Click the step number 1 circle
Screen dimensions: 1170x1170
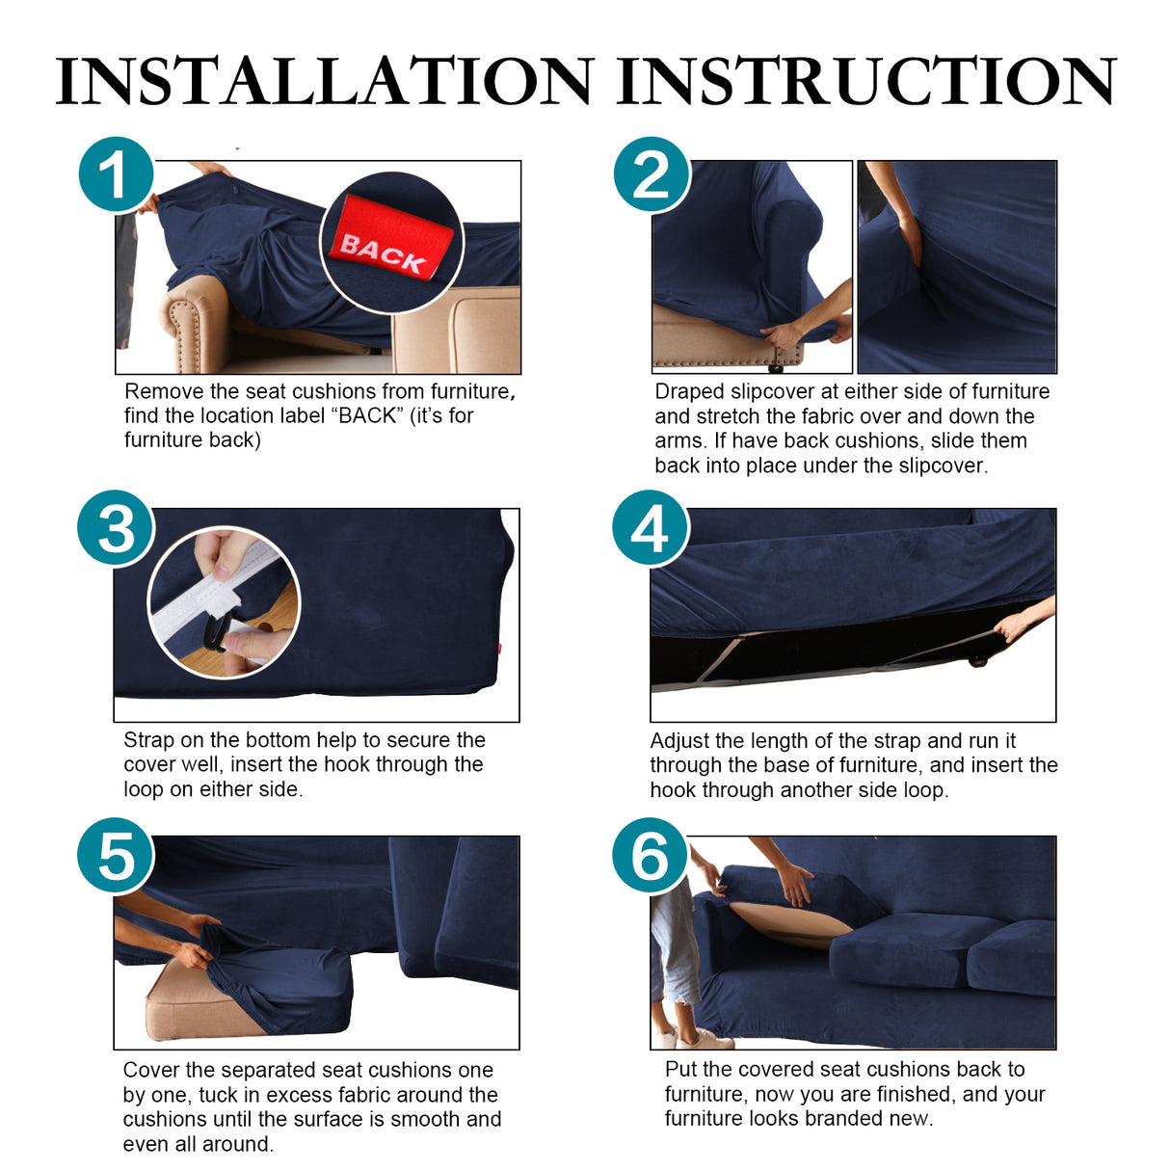coord(116,175)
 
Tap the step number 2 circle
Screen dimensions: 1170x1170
coord(651,175)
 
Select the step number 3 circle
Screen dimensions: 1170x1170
coord(116,528)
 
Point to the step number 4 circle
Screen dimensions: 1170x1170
coord(651,528)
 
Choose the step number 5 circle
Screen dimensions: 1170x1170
coord(116,856)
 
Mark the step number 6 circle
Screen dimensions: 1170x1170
coord(651,856)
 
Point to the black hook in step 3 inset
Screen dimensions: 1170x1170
coord(216,631)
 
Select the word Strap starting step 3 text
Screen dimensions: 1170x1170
coord(149,740)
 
